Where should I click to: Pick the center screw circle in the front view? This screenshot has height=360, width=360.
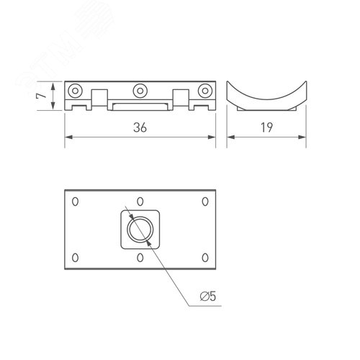[140, 90]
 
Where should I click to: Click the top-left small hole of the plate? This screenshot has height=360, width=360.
[75, 202]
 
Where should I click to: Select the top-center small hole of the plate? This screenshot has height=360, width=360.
[140, 202]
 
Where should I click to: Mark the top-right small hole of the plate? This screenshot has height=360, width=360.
[205, 202]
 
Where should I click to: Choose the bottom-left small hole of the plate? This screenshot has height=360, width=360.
[75, 257]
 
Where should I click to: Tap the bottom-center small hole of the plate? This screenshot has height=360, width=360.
[140, 257]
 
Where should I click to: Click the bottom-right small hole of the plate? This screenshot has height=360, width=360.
[205, 257]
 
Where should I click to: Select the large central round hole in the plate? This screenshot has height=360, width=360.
[140, 230]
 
